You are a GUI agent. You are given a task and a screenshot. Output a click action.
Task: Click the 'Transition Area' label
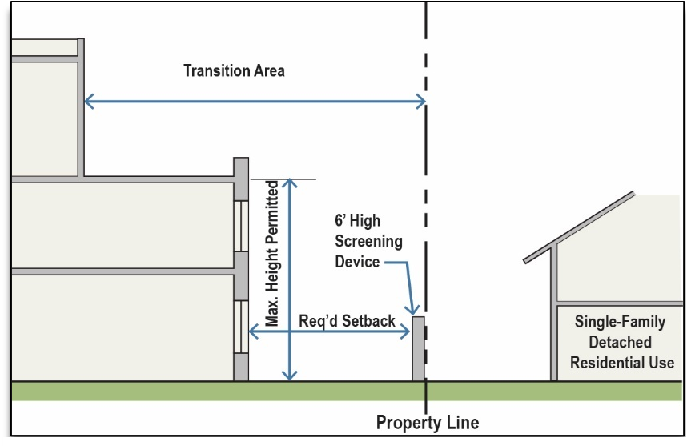[x=234, y=70]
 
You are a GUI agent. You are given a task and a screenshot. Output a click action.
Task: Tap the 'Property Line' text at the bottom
[x=428, y=422]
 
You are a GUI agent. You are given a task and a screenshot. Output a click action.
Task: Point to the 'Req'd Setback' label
[x=348, y=320]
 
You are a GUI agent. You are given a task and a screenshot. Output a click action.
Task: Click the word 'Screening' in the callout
[x=369, y=241]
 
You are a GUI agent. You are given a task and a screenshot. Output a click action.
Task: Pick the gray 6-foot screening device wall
[x=418, y=349]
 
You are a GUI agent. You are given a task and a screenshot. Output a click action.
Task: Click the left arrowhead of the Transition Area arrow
[x=88, y=101]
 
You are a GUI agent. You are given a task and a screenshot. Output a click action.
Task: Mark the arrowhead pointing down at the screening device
[x=414, y=311]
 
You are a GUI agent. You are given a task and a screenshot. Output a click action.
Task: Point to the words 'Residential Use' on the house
[x=622, y=362]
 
